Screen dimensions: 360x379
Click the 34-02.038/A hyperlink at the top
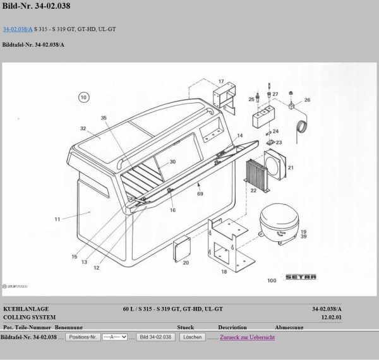17,29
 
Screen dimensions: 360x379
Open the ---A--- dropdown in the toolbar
115,338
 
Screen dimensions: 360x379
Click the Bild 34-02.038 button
155,338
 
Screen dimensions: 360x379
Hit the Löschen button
191,338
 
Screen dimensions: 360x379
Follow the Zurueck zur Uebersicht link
247,338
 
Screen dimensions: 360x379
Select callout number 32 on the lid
82,128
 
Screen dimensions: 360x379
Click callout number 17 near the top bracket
221,82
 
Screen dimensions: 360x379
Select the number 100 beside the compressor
272,280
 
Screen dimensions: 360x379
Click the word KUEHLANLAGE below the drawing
26,309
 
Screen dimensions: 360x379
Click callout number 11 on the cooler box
56,220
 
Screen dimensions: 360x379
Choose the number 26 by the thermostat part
307,100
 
